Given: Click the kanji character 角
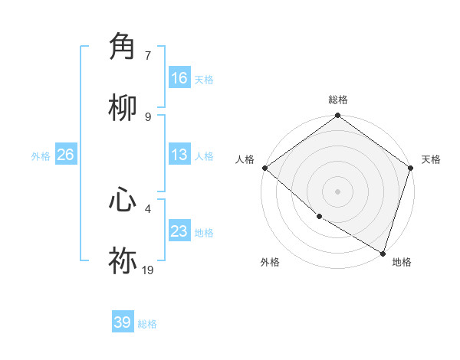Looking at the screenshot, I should [x=123, y=47].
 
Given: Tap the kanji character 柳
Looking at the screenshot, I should [x=123, y=108].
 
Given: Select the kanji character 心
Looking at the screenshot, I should [x=123, y=200].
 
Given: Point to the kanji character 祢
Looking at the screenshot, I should [x=123, y=261].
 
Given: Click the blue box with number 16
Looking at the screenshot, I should [x=179, y=78].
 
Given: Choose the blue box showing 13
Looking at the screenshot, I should [x=179, y=155].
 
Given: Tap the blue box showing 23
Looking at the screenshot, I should [x=179, y=231].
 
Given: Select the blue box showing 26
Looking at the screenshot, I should [x=65, y=155].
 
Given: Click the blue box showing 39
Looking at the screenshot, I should [x=123, y=322].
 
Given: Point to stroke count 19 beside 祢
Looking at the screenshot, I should [x=148, y=270].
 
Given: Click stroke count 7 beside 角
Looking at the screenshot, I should [x=148, y=55].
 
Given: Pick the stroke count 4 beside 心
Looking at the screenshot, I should [x=148, y=208].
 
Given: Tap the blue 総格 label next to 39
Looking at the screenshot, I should [x=147, y=324].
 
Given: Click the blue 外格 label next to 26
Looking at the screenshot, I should [x=41, y=156].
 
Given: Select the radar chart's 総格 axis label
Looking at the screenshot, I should [x=338, y=100].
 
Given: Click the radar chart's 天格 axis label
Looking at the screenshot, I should [x=431, y=159].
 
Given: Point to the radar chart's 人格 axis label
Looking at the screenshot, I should [x=245, y=159].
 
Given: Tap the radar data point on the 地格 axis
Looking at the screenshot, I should [x=383, y=253].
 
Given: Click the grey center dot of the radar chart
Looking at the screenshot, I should [x=337, y=191].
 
